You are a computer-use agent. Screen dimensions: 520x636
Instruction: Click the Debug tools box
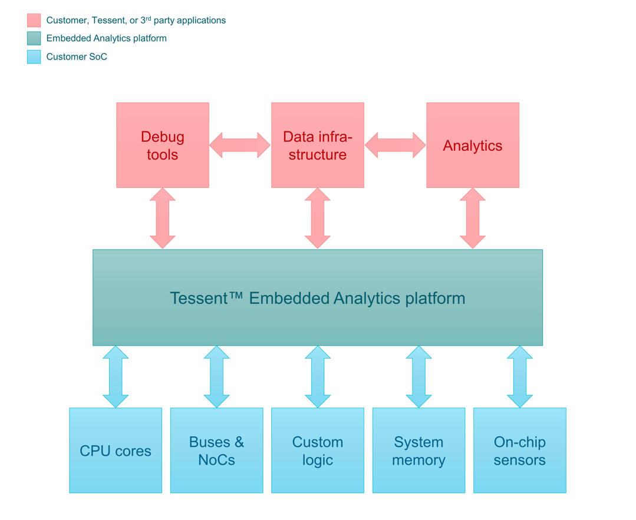[163, 145]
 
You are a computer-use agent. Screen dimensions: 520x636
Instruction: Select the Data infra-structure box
[318, 145]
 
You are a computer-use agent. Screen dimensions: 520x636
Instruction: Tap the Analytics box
[473, 145]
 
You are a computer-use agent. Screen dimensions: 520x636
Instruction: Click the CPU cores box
[116, 451]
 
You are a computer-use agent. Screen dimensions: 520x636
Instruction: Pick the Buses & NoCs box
[216, 451]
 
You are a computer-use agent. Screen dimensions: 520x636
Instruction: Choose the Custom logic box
[318, 451]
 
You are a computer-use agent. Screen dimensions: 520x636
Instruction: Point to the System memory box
[418, 451]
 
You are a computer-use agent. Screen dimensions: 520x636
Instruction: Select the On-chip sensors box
[520, 451]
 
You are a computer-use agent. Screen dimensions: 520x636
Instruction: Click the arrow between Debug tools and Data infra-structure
[240, 145]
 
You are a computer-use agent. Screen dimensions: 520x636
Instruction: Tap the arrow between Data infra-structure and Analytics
[395, 145]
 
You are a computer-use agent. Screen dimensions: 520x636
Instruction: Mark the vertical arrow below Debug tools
[163, 218]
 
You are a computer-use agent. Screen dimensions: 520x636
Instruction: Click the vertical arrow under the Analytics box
[473, 218]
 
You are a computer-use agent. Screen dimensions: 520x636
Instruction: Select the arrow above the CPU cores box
[116, 377]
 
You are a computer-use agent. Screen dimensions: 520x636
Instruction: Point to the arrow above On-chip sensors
[520, 377]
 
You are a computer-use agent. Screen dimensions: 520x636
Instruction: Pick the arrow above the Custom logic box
[318, 377]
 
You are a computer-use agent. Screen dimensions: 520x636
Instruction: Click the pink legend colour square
[34, 21]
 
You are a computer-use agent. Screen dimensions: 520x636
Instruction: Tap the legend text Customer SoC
[77, 57]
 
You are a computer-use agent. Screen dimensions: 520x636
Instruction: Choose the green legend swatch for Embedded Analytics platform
[34, 39]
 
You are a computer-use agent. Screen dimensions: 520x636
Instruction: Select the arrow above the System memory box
[418, 377]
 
